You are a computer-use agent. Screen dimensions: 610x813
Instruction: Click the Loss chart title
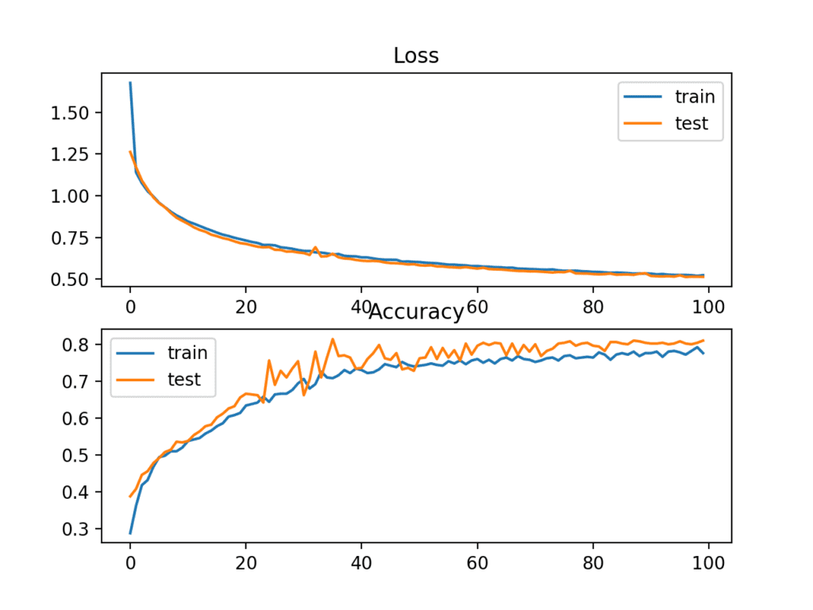pyautogui.click(x=416, y=56)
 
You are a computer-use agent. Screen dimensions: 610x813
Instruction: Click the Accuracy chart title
pyautogui.click(x=416, y=312)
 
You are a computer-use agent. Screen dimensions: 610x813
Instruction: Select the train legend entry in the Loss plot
pyautogui.click(x=695, y=97)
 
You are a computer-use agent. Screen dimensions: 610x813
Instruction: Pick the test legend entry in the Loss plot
pyautogui.click(x=691, y=123)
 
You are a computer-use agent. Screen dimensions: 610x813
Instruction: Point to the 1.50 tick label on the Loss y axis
pyautogui.click(x=72, y=113)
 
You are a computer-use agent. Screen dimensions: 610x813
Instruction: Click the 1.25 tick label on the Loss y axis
pyautogui.click(x=72, y=154)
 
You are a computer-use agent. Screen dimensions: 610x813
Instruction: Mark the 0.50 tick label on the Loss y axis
pyautogui.click(x=72, y=280)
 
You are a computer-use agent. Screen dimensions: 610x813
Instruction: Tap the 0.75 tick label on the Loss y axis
pyautogui.click(x=72, y=237)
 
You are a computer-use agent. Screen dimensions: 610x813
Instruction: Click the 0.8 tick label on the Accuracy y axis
pyautogui.click(x=77, y=345)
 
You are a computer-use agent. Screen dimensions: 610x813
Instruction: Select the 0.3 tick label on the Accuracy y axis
pyautogui.click(x=77, y=529)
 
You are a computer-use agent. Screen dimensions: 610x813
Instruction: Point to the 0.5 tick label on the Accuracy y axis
pyautogui.click(x=77, y=455)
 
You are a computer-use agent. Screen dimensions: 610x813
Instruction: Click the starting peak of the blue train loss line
pyautogui.click(x=130, y=83)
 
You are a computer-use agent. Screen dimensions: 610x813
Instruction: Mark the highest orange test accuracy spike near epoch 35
pyautogui.click(x=333, y=339)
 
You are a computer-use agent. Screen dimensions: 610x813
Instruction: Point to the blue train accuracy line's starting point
pyautogui.click(x=130, y=533)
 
